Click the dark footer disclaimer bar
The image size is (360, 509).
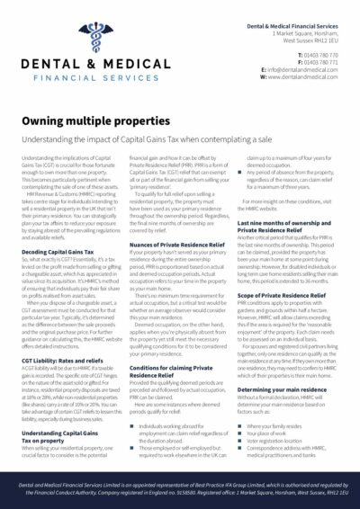tap(180, 489)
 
